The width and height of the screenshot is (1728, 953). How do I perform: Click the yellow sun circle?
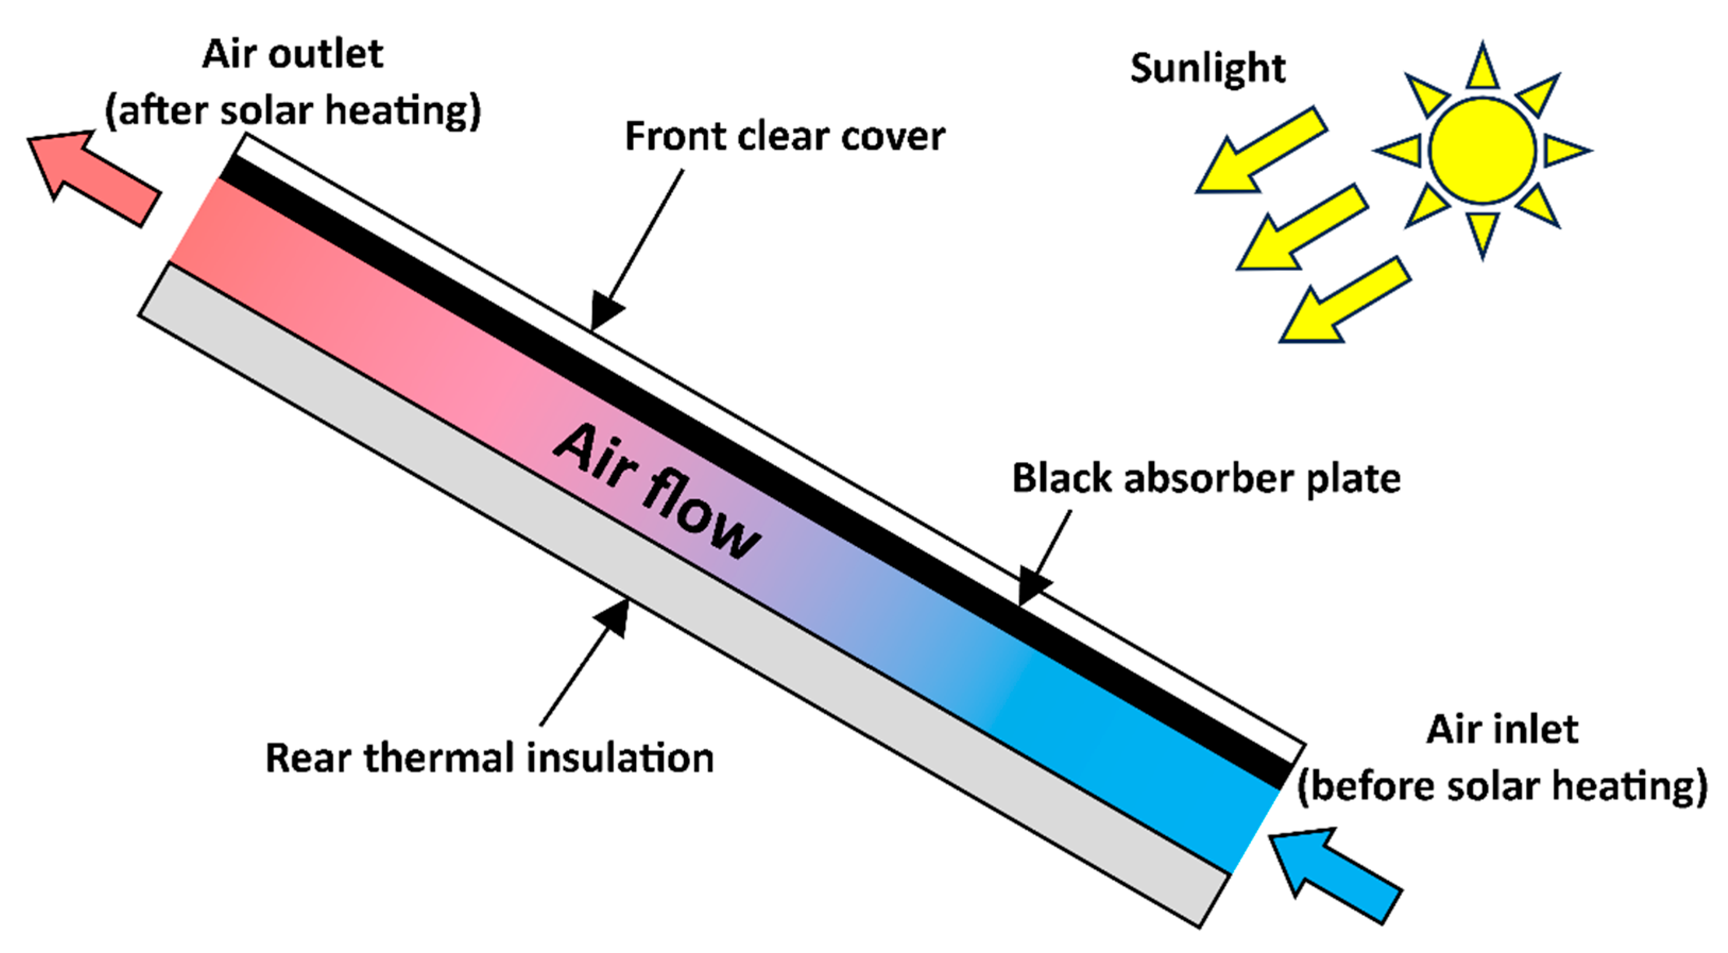pos(1483,150)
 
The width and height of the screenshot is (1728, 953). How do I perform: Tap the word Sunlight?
pos(1207,68)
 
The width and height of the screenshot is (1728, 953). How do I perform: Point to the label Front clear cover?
pos(785,137)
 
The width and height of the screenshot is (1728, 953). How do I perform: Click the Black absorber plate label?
pos(1206,479)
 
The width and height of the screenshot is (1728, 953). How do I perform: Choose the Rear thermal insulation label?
pos(489,758)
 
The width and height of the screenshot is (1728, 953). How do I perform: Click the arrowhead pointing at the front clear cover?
pos(604,312)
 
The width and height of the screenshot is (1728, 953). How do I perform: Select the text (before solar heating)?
pos(1501,786)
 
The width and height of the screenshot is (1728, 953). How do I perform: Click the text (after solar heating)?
pos(293,111)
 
